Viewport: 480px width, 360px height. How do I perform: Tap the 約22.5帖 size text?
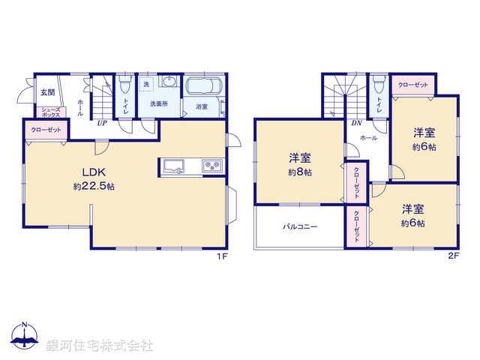pyautogui.click(x=94, y=185)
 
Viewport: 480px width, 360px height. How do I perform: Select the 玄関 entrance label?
pyautogui.click(x=47, y=92)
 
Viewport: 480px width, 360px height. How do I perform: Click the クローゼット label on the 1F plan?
pyautogui.click(x=46, y=130)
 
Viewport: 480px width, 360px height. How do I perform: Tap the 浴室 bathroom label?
pyautogui.click(x=202, y=107)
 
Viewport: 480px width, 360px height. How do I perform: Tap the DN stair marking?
pyautogui.click(x=358, y=124)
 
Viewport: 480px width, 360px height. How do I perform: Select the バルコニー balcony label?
pyautogui.click(x=300, y=226)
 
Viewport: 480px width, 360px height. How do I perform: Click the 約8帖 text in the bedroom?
pyautogui.click(x=301, y=172)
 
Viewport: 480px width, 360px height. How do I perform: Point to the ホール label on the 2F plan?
pyautogui.click(x=368, y=138)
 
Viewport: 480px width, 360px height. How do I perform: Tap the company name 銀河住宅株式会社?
pyautogui.click(x=100, y=345)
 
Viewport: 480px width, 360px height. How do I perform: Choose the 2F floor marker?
pyautogui.click(x=452, y=257)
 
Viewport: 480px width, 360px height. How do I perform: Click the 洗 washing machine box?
pyautogui.click(x=147, y=84)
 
